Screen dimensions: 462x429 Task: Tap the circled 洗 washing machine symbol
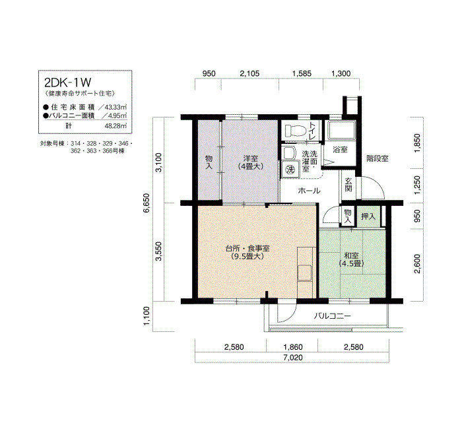pos(290,170)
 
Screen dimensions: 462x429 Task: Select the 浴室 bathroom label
pos(340,150)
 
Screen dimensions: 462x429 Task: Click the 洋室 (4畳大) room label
pos(250,162)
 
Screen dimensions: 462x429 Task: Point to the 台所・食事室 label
pos(247,248)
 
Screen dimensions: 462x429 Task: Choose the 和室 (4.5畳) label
pos(352,259)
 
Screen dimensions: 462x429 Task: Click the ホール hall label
pos(309,191)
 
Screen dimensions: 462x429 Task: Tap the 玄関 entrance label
pos(348,184)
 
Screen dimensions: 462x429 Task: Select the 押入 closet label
pos(368,216)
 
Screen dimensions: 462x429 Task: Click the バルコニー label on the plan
pos(332,316)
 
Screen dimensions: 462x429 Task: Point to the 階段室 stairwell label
pos(378,158)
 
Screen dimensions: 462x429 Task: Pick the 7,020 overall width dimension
pos(293,358)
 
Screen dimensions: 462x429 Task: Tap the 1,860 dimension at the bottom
pos(293,347)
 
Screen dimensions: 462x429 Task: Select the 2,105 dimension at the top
pos(250,73)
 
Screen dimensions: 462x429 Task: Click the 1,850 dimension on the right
pos(417,143)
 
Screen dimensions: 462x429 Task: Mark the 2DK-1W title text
pos(68,82)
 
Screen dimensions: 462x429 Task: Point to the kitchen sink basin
pos(304,273)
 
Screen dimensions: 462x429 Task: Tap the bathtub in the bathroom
pos(341,131)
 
